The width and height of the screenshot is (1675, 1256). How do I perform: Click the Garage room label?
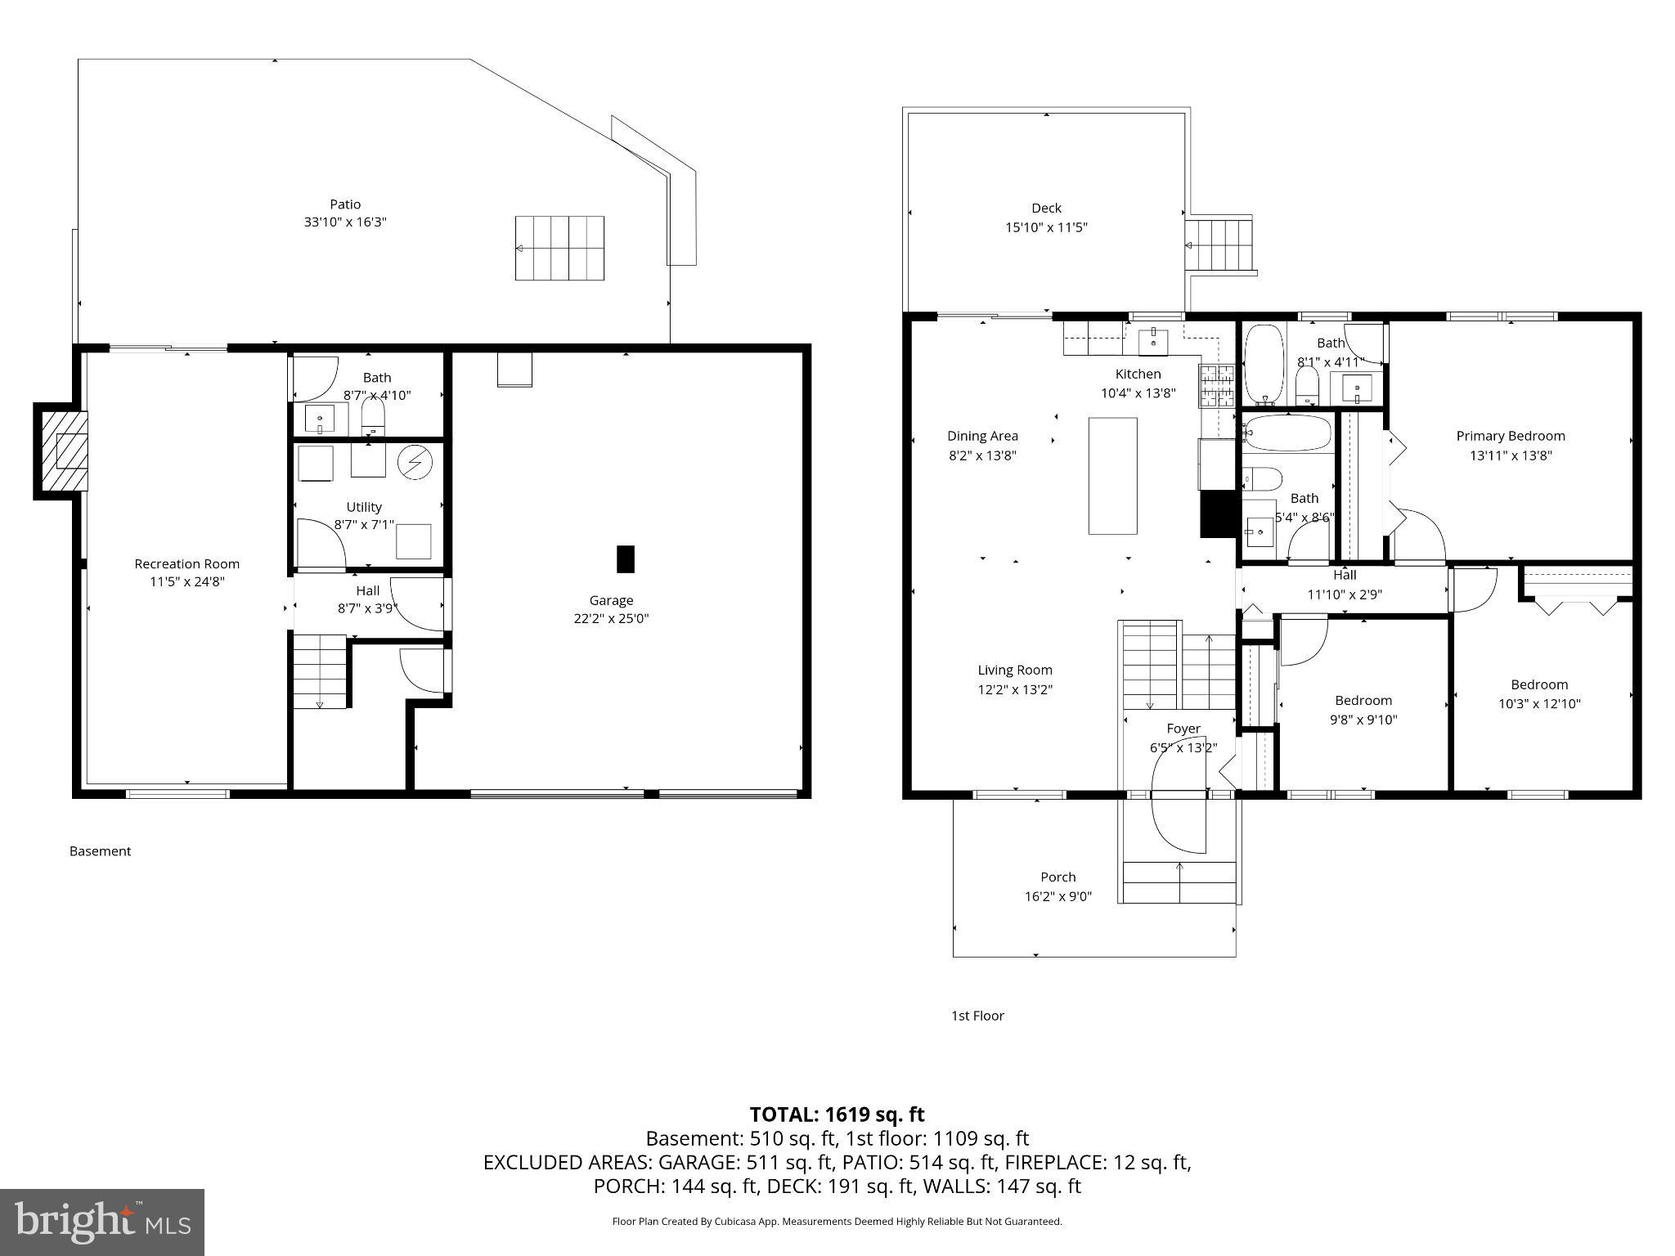(611, 600)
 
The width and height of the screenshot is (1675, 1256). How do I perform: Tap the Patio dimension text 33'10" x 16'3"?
(345, 222)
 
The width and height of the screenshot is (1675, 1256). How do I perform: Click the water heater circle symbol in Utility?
(415, 463)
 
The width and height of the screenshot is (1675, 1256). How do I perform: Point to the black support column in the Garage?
(625, 559)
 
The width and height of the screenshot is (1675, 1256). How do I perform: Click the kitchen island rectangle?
(1112, 475)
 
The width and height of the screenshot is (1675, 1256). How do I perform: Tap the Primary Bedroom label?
(1510, 436)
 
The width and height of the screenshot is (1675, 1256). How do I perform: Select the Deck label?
(1046, 208)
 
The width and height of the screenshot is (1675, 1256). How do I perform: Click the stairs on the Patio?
(559, 248)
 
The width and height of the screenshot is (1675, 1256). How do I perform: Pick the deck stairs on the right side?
(1221, 244)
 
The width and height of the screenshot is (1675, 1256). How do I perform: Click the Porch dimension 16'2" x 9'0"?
(1058, 896)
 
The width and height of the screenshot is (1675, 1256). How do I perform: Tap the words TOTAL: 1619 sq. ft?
(837, 1115)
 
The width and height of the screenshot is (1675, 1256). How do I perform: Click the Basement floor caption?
(100, 851)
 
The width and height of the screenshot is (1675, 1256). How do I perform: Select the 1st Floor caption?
(977, 1016)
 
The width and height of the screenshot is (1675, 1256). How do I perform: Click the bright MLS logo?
(102, 1222)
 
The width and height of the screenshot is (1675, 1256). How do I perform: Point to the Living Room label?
(1015, 670)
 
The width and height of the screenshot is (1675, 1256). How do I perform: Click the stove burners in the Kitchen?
(1216, 386)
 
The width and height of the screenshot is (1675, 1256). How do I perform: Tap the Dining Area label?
(982, 436)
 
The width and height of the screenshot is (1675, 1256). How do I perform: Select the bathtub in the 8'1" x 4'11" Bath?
(1264, 365)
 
